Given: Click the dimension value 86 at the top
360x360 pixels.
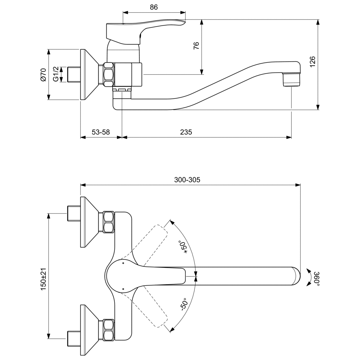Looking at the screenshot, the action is (x=154, y=7).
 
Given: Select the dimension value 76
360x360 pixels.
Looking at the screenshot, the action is (x=196, y=46).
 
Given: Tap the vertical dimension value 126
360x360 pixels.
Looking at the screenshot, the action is (x=313, y=61).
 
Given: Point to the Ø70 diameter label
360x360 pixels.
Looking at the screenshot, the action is (x=44, y=75).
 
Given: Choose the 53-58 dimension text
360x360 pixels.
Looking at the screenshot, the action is (x=101, y=132).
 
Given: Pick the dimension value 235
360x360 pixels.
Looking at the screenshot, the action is (x=186, y=132).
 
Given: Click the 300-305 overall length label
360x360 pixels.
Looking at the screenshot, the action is (x=187, y=180).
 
